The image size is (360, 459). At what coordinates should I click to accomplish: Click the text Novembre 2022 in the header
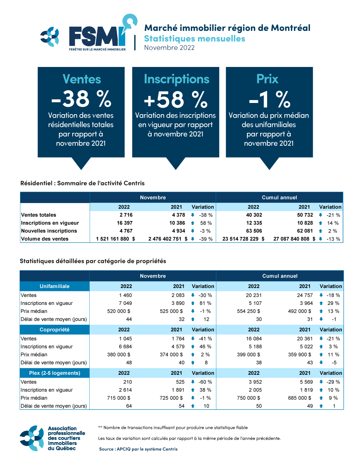[x=169, y=48]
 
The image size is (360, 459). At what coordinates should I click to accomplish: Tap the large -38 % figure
[x=81, y=99]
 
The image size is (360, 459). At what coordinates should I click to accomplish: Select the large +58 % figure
[x=176, y=99]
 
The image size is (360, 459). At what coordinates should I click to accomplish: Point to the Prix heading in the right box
[x=267, y=79]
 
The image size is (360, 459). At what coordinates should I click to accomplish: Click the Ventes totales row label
[x=39, y=215]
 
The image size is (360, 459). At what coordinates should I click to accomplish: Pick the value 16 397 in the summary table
[x=125, y=223]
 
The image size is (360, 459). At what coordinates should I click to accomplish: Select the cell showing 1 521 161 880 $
[x=116, y=239]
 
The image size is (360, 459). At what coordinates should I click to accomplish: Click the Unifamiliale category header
[x=55, y=286]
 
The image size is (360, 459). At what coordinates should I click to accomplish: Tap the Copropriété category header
[x=55, y=329]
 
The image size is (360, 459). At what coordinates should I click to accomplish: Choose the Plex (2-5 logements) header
[x=55, y=373]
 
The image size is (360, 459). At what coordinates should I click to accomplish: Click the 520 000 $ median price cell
[x=119, y=311]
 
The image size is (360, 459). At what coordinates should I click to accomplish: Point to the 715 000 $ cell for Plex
[x=119, y=398]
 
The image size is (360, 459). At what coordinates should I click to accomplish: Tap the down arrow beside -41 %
[x=193, y=338]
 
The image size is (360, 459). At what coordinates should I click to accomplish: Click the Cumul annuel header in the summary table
[x=279, y=197]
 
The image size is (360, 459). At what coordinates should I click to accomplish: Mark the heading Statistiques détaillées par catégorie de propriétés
[x=93, y=261]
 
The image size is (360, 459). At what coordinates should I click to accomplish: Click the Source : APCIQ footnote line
[x=138, y=449]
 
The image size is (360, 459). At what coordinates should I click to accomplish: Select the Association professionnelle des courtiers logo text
[x=66, y=438]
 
